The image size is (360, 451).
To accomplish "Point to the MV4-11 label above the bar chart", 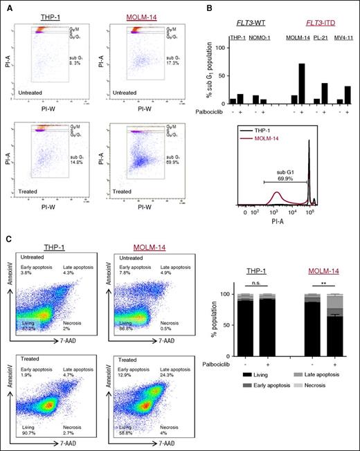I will (343, 37).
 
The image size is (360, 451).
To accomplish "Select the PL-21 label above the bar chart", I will (321, 37).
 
